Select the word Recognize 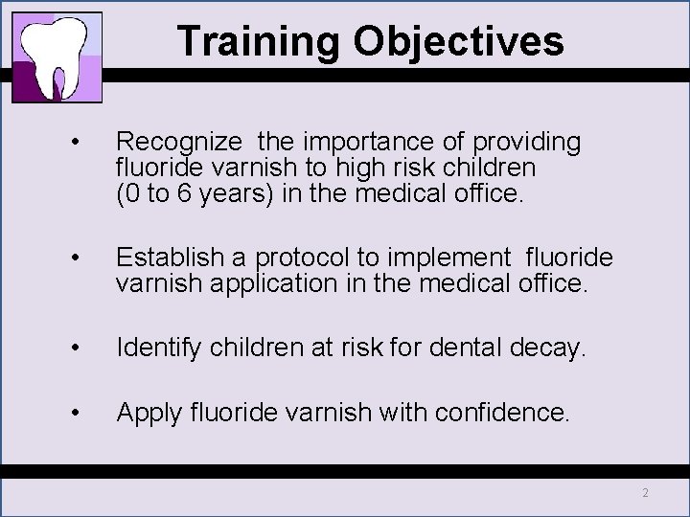coord(179,143)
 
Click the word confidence coord(502,413)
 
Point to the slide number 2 coord(645,493)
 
